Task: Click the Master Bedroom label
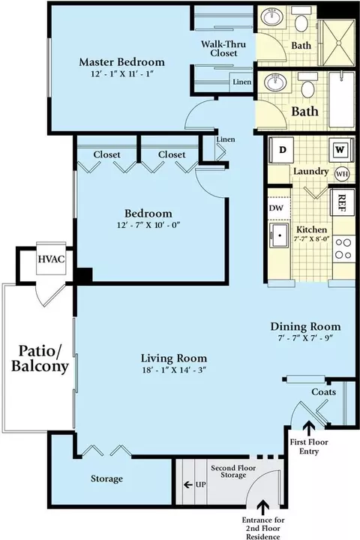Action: pos(122,62)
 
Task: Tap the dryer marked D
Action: pos(282,150)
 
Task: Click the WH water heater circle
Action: pos(342,174)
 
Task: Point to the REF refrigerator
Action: pos(343,202)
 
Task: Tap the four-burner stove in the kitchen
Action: pos(343,249)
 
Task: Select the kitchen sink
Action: pos(280,235)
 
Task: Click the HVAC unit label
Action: pos(51,259)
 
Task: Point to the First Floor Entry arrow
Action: pos(309,429)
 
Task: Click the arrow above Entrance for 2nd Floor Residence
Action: pos(263,508)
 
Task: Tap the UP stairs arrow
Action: pos(188,485)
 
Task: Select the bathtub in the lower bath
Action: pos(342,100)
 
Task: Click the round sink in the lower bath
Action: pos(275,83)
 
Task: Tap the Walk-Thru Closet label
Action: pos(223,49)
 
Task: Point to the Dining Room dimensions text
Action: pos(305,337)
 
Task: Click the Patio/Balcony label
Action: pos(40,358)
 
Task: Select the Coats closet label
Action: pos(324,392)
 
